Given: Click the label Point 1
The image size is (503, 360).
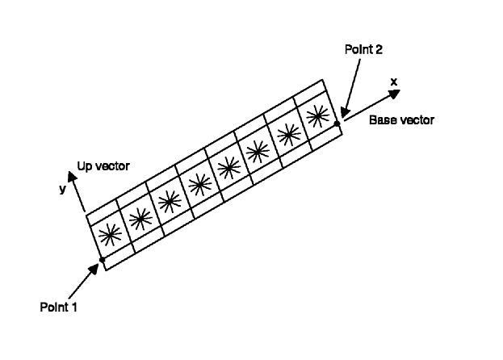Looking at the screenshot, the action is pos(58,307).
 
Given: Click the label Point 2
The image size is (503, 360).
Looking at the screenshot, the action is pos(363,49).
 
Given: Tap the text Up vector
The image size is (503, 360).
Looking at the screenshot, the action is pos(103,166).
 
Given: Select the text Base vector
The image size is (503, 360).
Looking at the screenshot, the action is pos(401,120).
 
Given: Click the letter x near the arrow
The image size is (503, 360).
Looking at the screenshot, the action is pos(394,82).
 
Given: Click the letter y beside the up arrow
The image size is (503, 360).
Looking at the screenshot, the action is pos(62,189).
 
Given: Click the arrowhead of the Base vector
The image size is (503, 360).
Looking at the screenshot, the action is pos(393,94).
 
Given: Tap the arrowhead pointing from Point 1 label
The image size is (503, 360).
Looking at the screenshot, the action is pos(94,270).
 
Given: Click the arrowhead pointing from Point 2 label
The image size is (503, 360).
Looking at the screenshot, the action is pos(345,111).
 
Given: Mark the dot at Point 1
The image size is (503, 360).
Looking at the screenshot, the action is pos(103,260).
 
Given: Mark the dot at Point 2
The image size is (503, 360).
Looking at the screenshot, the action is pos(337,123).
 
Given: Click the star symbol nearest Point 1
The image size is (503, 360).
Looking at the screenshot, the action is pos(111,235).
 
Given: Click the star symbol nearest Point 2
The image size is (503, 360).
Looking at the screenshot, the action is pos(317,115).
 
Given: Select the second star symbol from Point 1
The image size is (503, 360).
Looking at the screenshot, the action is pos(140,219).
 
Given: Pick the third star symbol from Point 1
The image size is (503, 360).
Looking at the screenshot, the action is pos(170,202).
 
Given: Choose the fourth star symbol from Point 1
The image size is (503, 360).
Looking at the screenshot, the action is pos(200,185).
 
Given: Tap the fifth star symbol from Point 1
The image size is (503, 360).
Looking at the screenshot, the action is pos(228,168).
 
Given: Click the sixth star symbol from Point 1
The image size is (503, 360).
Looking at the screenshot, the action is pos(258,151).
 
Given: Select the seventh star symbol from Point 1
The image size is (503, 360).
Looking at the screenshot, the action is pos(289,134).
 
